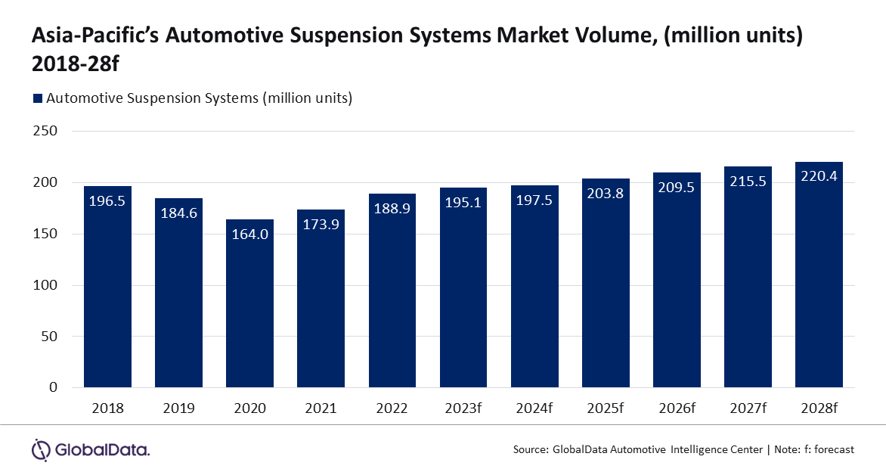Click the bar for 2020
(x=249, y=303)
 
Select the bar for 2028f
(x=819, y=280)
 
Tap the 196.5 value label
(x=107, y=203)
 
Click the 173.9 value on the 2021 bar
(x=321, y=226)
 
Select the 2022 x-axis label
(x=392, y=408)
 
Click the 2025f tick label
(x=606, y=408)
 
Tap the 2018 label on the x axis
(x=107, y=408)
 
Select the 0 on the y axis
(x=53, y=387)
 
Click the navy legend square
(x=37, y=98)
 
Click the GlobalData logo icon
(x=41, y=449)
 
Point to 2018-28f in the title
(x=76, y=65)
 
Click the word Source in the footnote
(x=529, y=449)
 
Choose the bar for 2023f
(x=463, y=287)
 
